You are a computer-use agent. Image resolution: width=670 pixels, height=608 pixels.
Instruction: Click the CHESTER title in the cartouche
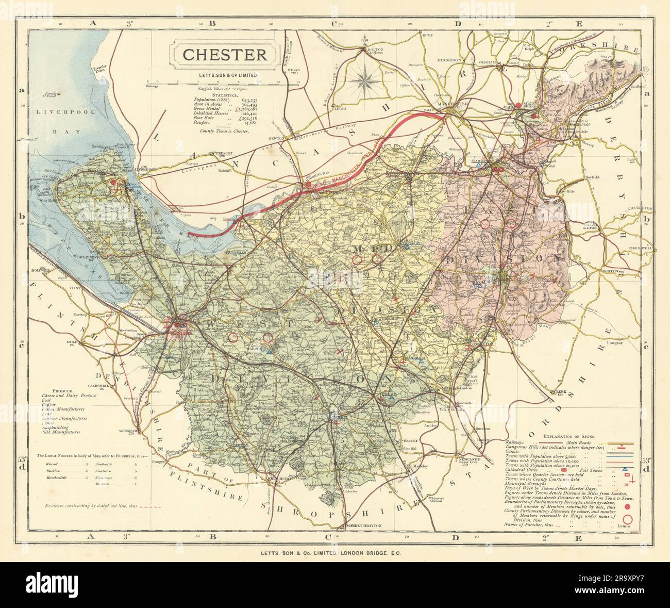pos(225,55)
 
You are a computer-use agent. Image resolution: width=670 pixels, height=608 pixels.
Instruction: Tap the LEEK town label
pos(561,391)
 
